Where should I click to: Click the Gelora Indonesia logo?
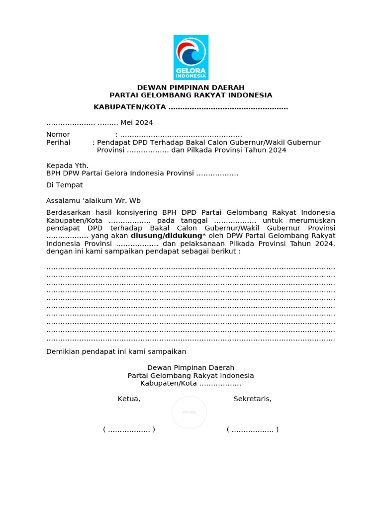191,57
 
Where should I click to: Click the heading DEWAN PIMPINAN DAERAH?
191,87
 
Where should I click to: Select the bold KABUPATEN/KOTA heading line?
191,107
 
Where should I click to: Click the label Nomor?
58,135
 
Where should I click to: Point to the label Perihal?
58,143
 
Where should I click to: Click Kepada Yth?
67,166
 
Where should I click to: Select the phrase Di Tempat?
64,185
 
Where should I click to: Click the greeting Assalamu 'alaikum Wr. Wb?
94,201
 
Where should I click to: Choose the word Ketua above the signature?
129,399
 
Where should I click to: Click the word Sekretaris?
252,399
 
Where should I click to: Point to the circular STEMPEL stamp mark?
189,412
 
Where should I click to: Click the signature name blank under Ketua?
129,429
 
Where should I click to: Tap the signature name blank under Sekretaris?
252,429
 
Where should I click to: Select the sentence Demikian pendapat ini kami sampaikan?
116,351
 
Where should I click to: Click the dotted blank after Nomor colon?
181,135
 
